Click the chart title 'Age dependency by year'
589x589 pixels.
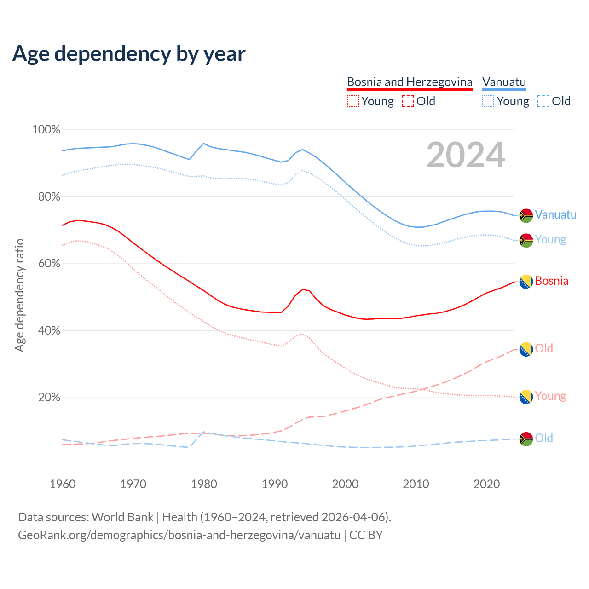pos(129,54)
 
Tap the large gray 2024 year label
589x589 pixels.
pos(466,156)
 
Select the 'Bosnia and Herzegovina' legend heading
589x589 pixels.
pos(410,82)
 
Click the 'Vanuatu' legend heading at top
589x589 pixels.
pos(504,82)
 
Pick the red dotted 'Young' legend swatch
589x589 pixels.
pos(352,101)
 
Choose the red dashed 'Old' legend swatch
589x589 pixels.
pos(408,101)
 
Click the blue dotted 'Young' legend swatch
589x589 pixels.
pos(488,101)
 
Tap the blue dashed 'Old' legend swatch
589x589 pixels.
pos(543,101)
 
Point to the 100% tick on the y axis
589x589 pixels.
pos(46,130)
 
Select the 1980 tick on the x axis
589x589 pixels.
pos(204,484)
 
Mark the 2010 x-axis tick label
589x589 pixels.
pos(416,484)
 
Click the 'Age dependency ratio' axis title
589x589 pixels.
pos(19,295)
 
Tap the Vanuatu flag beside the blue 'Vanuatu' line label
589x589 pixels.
pos(526,215)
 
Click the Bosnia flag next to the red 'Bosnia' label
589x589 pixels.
pos(526,282)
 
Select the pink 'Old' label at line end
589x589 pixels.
pos(544,348)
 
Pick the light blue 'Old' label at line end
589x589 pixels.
pos(544,438)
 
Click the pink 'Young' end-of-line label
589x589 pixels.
pos(550,396)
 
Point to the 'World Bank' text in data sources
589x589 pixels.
pos(122,517)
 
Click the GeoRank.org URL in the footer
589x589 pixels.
pos(179,535)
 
